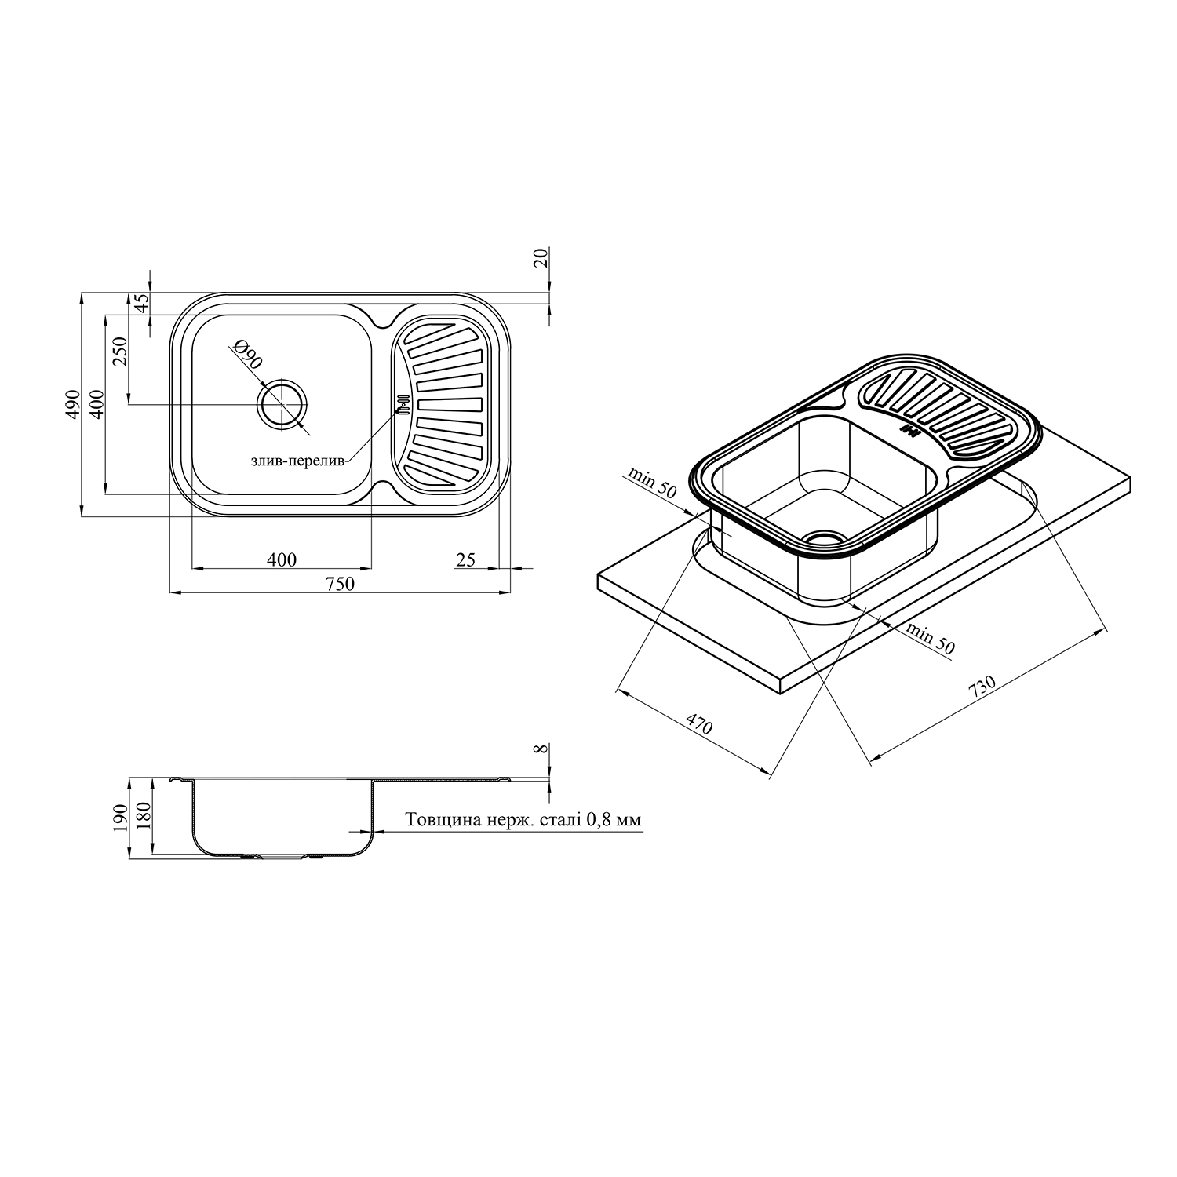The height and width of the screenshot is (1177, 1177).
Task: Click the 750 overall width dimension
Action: tap(341, 583)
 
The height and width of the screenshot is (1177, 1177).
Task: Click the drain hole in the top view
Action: tap(282, 405)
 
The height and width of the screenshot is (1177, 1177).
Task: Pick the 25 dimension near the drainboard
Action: tap(466, 559)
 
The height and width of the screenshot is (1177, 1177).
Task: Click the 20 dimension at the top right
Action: tap(541, 257)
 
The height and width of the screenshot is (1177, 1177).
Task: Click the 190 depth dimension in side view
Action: tap(119, 818)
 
